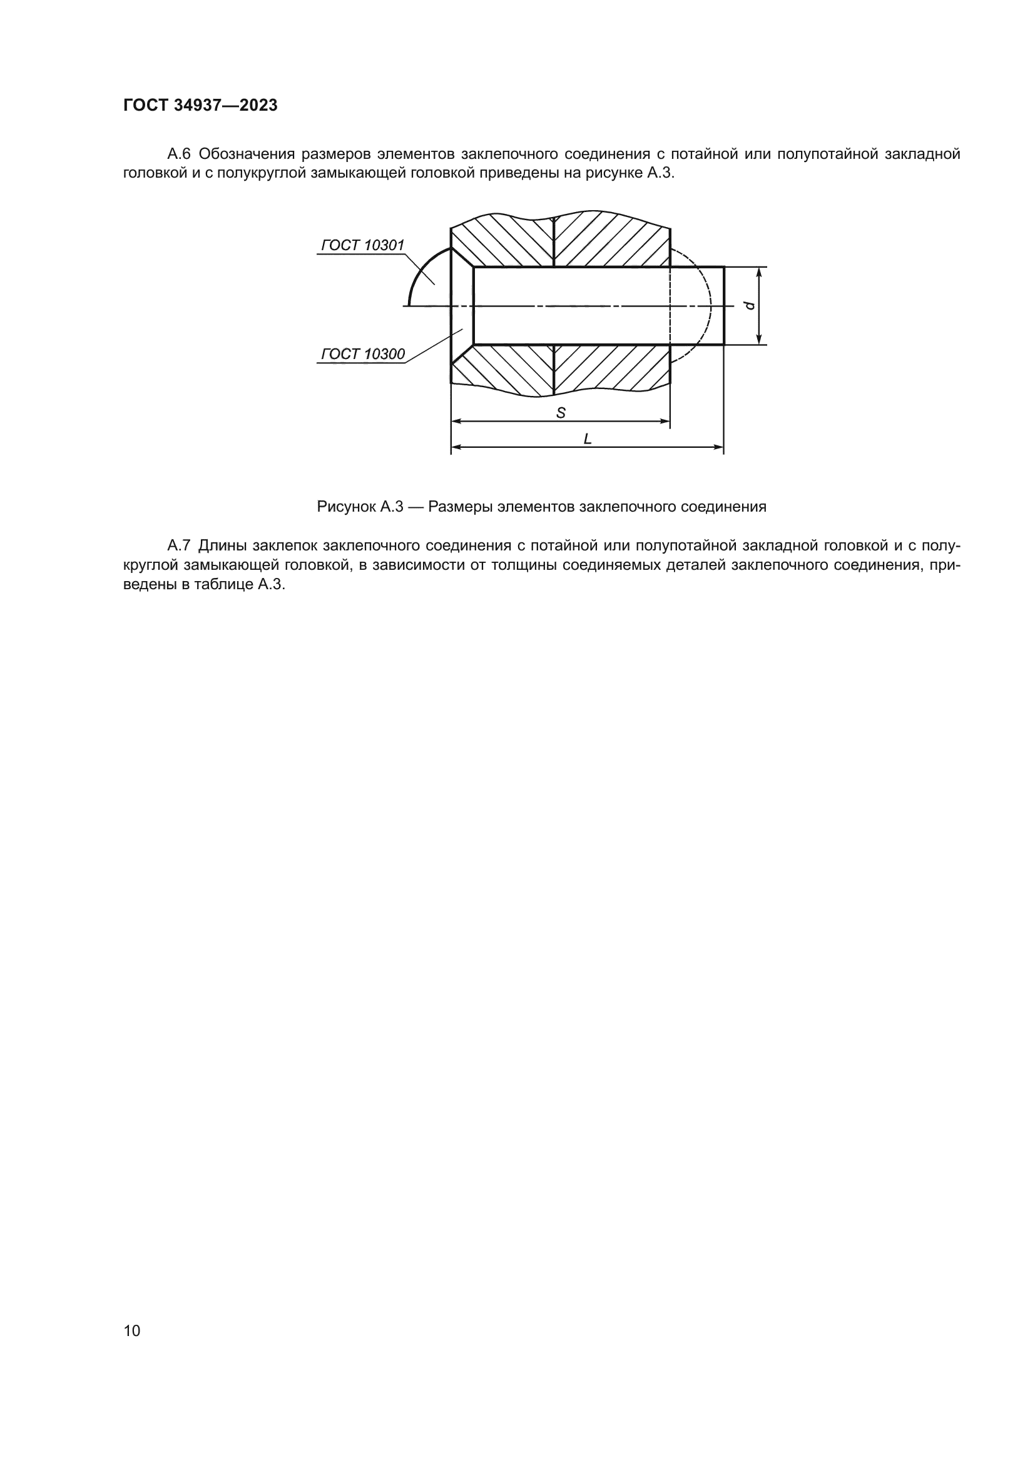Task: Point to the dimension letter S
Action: [x=561, y=413]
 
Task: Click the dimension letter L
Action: [x=588, y=439]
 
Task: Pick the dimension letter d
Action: [x=750, y=305]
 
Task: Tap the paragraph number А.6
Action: [x=179, y=154]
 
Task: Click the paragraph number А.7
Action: [x=179, y=545]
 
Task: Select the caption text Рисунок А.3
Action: [x=360, y=507]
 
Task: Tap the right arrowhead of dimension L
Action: [x=718, y=447]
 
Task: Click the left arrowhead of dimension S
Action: [x=457, y=421]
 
